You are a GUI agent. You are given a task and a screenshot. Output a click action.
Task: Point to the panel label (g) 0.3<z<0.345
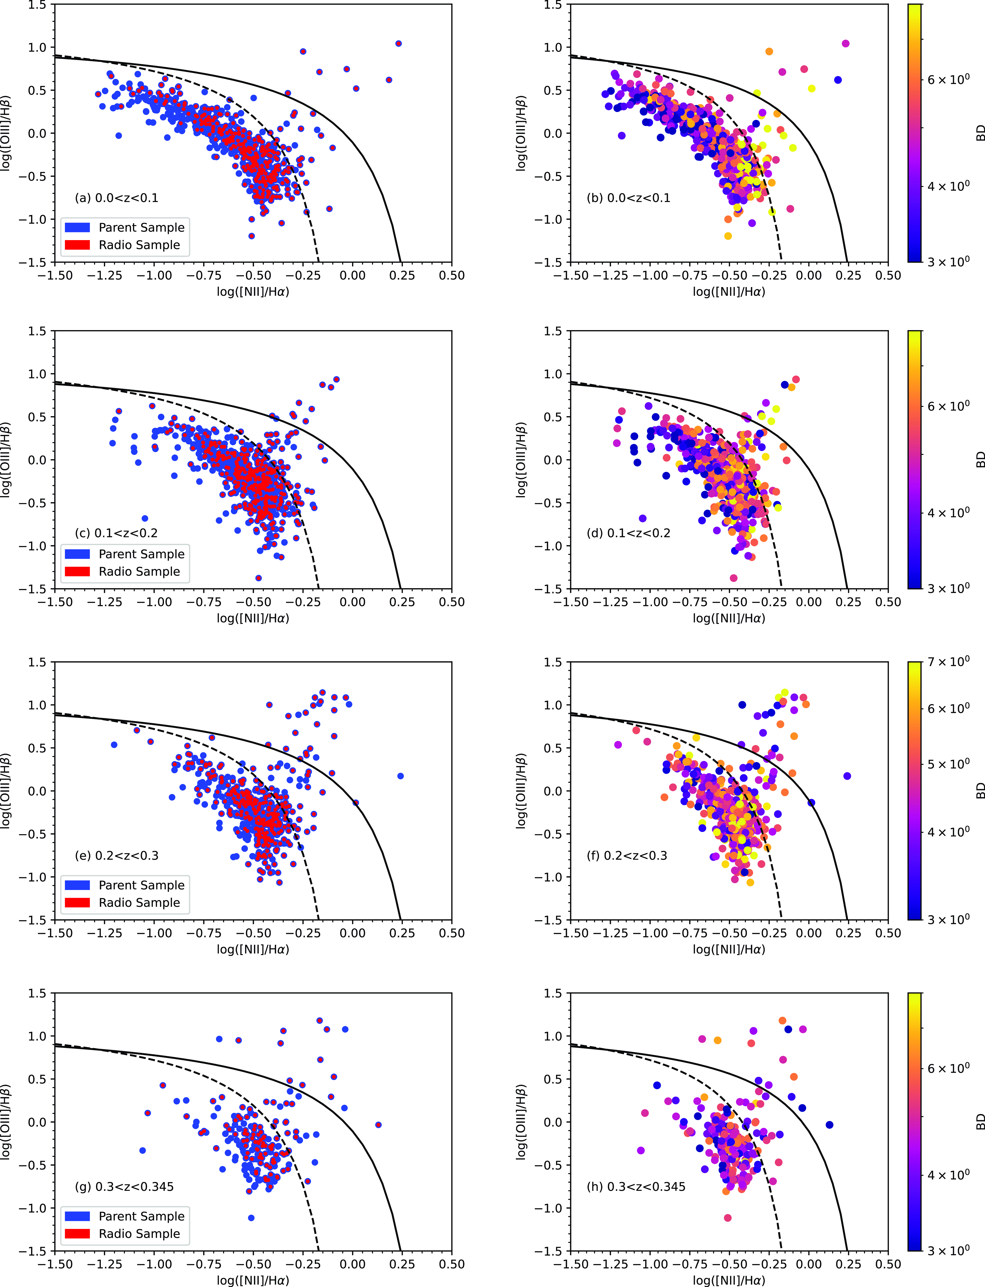pos(124,1187)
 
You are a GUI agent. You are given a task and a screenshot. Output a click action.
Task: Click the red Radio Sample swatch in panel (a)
pos(77,245)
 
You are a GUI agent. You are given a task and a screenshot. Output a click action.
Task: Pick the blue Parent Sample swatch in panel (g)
pos(77,1216)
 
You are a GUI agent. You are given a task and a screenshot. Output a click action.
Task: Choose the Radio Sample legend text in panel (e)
pos(140,902)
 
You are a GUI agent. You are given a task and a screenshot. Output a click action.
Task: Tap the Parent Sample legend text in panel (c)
pos(141,554)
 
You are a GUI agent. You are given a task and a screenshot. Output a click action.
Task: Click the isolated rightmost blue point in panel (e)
pos(400,776)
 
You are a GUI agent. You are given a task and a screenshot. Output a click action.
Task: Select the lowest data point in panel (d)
pos(734,578)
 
